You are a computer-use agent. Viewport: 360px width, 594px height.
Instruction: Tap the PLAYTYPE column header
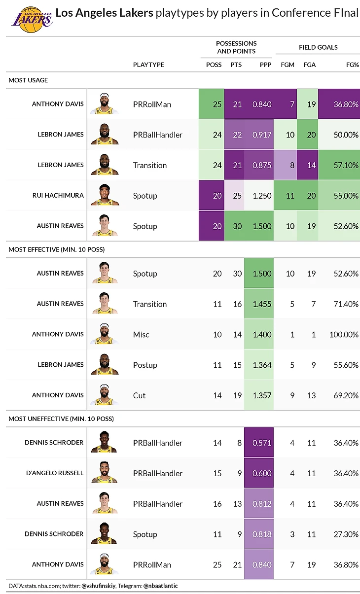(148, 65)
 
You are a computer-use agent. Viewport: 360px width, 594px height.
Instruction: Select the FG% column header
(352, 65)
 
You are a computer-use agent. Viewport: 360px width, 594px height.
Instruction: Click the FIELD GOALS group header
(318, 47)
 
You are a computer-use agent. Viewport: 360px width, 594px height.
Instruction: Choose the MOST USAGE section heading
(28, 80)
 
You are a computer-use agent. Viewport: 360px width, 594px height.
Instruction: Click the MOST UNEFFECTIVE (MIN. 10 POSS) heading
(61, 419)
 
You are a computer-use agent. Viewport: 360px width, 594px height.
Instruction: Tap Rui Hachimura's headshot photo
(105, 195)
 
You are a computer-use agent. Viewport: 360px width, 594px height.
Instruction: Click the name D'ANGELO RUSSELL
(54, 473)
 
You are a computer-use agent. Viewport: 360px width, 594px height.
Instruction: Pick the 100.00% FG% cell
(344, 334)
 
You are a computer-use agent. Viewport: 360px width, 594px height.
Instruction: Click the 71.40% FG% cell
(345, 304)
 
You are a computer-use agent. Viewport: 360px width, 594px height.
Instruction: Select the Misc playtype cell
(141, 335)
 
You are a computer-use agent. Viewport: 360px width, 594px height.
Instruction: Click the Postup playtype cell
(145, 365)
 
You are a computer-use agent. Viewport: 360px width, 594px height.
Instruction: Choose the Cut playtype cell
(139, 395)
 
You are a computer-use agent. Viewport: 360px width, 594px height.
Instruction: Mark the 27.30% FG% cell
(345, 534)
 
